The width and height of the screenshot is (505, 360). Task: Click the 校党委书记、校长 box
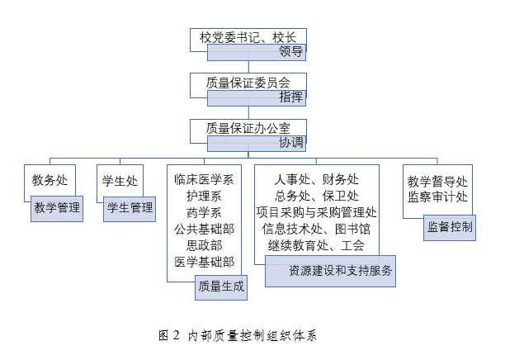click(248, 37)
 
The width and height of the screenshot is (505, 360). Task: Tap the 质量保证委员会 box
click(248, 83)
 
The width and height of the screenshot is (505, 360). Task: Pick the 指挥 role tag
click(291, 97)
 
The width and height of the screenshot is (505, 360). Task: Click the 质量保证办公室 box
click(248, 128)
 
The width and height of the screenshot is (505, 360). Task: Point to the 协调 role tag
click(291, 143)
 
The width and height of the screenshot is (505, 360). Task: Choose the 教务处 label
click(50, 179)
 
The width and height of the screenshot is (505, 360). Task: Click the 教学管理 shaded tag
click(56, 208)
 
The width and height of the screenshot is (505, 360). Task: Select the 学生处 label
click(120, 179)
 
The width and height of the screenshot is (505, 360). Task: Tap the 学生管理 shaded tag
click(129, 208)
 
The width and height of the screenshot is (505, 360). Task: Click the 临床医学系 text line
click(204, 178)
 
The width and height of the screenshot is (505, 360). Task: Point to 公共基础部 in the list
click(204, 229)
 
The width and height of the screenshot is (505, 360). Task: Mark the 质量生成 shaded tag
click(220, 287)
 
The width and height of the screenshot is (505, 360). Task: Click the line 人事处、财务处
click(317, 178)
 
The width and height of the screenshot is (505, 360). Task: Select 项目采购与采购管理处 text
click(317, 212)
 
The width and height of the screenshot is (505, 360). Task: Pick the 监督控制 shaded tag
click(451, 226)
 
